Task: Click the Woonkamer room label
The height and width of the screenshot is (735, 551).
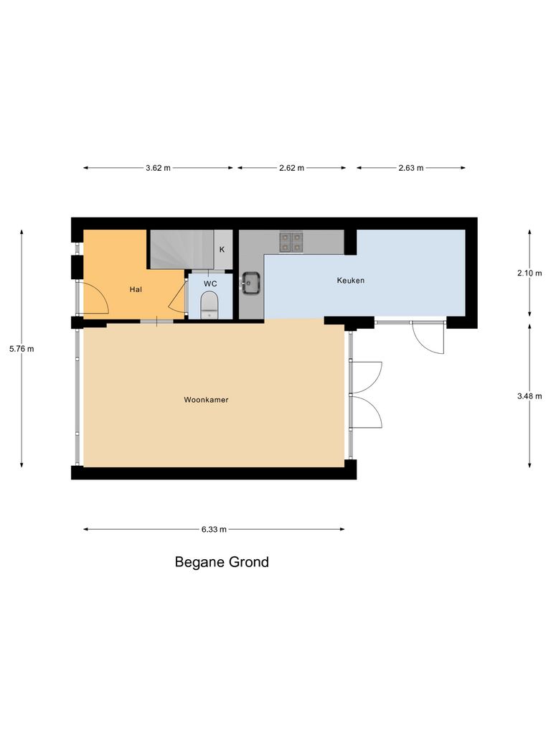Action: [x=206, y=400]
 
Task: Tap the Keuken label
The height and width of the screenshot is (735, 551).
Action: [x=351, y=281]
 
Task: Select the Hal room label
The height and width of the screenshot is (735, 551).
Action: [x=135, y=289]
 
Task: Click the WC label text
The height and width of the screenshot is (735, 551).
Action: [x=210, y=284]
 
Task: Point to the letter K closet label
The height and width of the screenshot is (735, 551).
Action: [x=222, y=250]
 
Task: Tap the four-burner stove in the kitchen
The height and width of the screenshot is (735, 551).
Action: [x=291, y=241]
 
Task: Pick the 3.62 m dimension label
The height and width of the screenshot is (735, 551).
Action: [x=158, y=168]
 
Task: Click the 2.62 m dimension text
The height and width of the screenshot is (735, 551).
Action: [x=291, y=168]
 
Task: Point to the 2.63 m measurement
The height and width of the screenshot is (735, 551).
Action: [x=410, y=168]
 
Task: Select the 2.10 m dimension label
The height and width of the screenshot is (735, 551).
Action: [x=530, y=273]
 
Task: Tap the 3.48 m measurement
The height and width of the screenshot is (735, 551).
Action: [x=530, y=395]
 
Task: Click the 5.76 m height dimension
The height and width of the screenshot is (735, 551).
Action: [x=22, y=349]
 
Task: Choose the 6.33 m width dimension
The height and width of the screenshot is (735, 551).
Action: [x=214, y=530]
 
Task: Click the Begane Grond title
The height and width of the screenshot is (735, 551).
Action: [x=222, y=562]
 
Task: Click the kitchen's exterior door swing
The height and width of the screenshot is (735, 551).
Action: [x=428, y=337]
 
